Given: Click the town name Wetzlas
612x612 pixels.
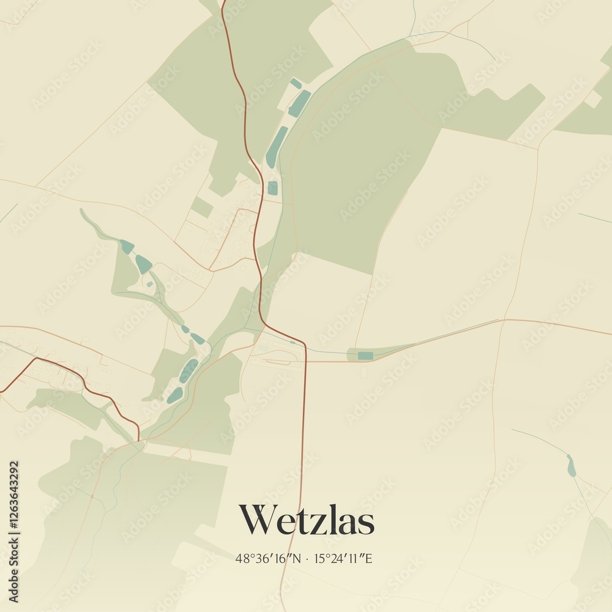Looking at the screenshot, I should pos(306,521).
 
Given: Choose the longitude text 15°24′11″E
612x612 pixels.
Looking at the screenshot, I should pos(343,558).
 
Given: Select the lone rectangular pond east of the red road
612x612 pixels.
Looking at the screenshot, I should pos(365,356).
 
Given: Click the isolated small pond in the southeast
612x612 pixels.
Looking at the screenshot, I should pos(571,466).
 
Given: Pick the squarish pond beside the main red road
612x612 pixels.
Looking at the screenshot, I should pos(272,188).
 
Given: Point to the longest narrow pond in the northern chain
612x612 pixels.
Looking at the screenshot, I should pos(277,147).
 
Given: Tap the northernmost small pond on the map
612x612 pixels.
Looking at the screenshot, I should pos(296,83).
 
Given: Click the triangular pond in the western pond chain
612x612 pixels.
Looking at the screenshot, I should pos(143,264).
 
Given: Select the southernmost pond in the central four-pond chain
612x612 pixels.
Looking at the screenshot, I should pos(175,395).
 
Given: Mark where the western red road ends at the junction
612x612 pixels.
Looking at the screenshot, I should pos(139,439).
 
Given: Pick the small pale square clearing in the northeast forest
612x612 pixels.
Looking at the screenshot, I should pos(592,99).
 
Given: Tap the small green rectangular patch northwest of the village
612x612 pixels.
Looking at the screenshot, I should pos(202,207).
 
